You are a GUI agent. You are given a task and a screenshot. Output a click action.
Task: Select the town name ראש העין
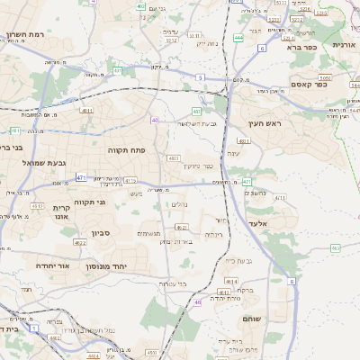point(265,124)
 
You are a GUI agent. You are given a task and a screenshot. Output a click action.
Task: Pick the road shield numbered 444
point(238,38)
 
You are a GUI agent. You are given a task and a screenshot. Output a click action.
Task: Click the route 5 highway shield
point(199,77)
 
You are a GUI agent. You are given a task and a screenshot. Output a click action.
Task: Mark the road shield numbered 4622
point(79,242)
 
